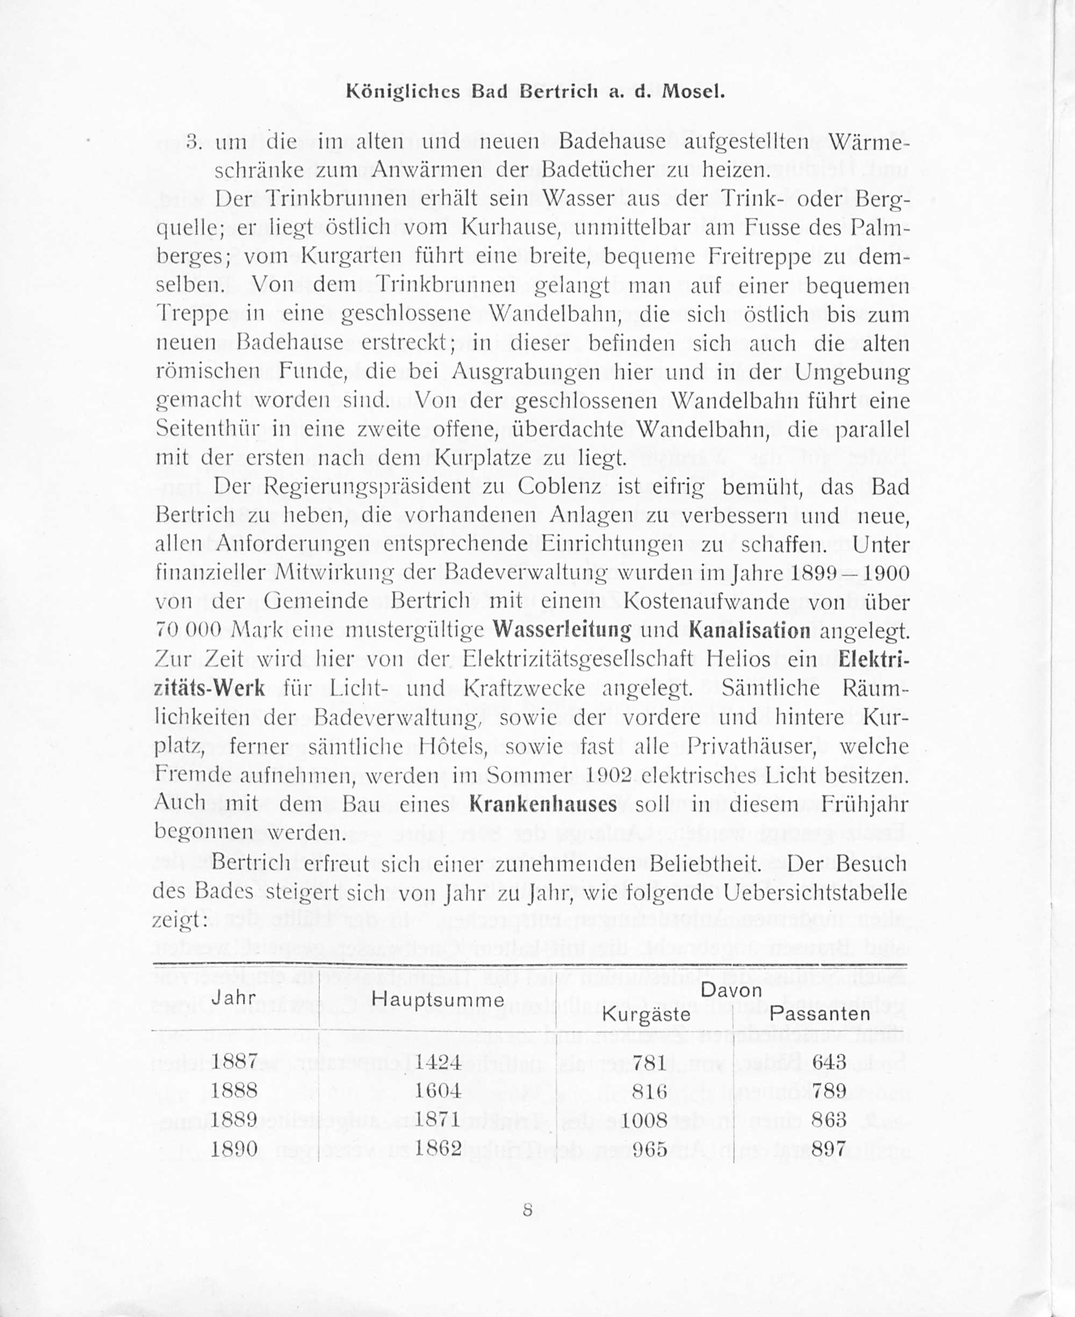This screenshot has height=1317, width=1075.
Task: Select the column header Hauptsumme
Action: (438, 1000)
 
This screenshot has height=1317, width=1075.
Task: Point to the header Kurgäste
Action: (646, 1015)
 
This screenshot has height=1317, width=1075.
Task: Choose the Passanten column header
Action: (819, 1014)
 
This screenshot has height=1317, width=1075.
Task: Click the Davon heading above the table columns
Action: (732, 990)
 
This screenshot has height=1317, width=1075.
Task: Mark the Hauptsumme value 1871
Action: (438, 1120)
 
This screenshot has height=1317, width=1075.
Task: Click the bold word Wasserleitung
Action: (562, 631)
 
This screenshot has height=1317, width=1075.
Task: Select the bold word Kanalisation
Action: (749, 631)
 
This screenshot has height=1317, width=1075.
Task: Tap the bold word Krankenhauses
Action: (543, 805)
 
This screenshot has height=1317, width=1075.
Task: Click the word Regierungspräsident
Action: (367, 487)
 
